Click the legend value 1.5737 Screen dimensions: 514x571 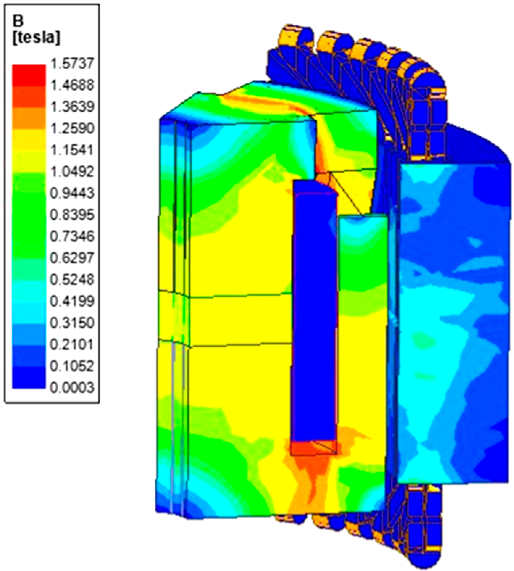(72, 64)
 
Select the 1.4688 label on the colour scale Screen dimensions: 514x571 (72, 85)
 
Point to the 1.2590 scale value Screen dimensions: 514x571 (72, 128)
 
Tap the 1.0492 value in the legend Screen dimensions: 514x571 (72, 171)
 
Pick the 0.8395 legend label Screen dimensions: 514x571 (72, 215)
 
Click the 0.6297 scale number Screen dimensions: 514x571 (72, 258)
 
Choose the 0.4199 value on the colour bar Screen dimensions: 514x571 (72, 301)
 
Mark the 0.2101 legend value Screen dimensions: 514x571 (72, 344)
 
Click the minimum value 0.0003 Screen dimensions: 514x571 (72, 388)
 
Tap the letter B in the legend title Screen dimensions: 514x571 (18, 21)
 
